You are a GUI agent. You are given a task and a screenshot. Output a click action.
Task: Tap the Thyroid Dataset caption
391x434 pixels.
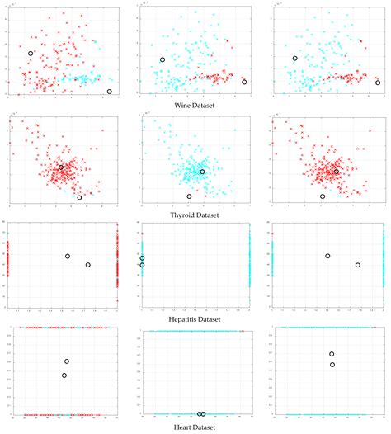click(195, 211)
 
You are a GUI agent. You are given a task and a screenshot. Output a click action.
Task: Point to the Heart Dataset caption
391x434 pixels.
click(195, 426)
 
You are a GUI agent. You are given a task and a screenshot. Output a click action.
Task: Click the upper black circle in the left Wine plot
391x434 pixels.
click(31, 54)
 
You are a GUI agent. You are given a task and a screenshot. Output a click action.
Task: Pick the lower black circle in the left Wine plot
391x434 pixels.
click(110, 92)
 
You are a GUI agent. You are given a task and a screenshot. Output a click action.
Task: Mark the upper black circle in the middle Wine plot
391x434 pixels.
click(163, 59)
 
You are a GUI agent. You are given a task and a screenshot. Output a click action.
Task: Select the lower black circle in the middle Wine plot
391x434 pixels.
click(244, 82)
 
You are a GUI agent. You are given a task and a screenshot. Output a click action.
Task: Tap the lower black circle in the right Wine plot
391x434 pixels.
click(378, 83)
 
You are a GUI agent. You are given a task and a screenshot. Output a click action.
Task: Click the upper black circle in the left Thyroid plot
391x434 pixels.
click(60, 167)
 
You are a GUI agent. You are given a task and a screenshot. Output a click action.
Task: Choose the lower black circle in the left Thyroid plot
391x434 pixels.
click(79, 197)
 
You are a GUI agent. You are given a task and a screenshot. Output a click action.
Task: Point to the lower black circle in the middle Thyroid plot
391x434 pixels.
click(189, 196)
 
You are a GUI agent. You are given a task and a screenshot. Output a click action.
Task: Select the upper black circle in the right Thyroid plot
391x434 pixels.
click(336, 172)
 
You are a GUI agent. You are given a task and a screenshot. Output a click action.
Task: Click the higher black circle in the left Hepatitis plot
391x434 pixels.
click(68, 256)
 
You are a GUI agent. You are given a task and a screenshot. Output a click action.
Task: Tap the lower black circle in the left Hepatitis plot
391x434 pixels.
click(87, 265)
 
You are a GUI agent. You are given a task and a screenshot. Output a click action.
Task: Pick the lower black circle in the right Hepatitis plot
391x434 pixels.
click(357, 265)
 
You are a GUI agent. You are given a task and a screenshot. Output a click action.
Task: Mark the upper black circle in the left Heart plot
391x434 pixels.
click(67, 361)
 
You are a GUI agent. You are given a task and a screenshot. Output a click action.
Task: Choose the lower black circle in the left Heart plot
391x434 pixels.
click(64, 375)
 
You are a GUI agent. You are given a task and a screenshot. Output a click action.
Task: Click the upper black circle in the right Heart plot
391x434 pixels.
click(332, 354)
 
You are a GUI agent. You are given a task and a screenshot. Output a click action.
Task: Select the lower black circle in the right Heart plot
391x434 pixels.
click(332, 364)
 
